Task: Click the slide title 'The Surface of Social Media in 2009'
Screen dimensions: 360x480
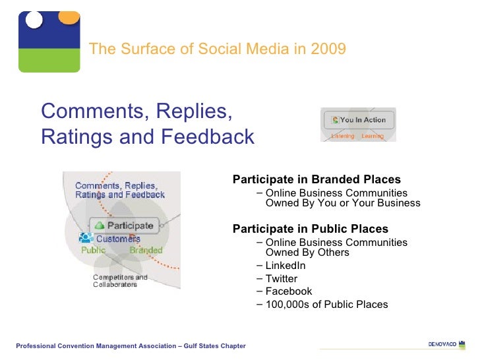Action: tap(217, 49)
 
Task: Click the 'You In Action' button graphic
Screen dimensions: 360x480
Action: tap(358, 120)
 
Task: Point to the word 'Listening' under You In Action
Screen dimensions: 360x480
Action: tap(342, 136)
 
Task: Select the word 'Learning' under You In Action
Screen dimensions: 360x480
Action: tap(373, 136)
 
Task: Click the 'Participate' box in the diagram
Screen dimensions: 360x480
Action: tap(125, 225)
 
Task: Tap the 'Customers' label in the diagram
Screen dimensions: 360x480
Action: tap(117, 238)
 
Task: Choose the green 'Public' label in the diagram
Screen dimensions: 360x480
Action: tap(93, 250)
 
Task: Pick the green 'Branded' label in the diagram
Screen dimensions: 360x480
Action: tap(146, 250)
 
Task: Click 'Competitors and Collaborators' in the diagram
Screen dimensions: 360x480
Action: tap(120, 281)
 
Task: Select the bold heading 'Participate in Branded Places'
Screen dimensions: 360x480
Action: tap(316, 179)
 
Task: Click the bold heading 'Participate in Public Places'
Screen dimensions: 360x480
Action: tap(311, 229)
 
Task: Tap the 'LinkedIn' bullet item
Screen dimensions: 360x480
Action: tap(285, 266)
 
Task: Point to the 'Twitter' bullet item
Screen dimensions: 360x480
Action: tap(281, 278)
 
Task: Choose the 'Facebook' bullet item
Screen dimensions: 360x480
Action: tap(288, 291)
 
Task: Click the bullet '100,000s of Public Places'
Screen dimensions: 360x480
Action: tap(326, 304)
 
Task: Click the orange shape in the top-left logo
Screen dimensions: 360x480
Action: tap(69, 17)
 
